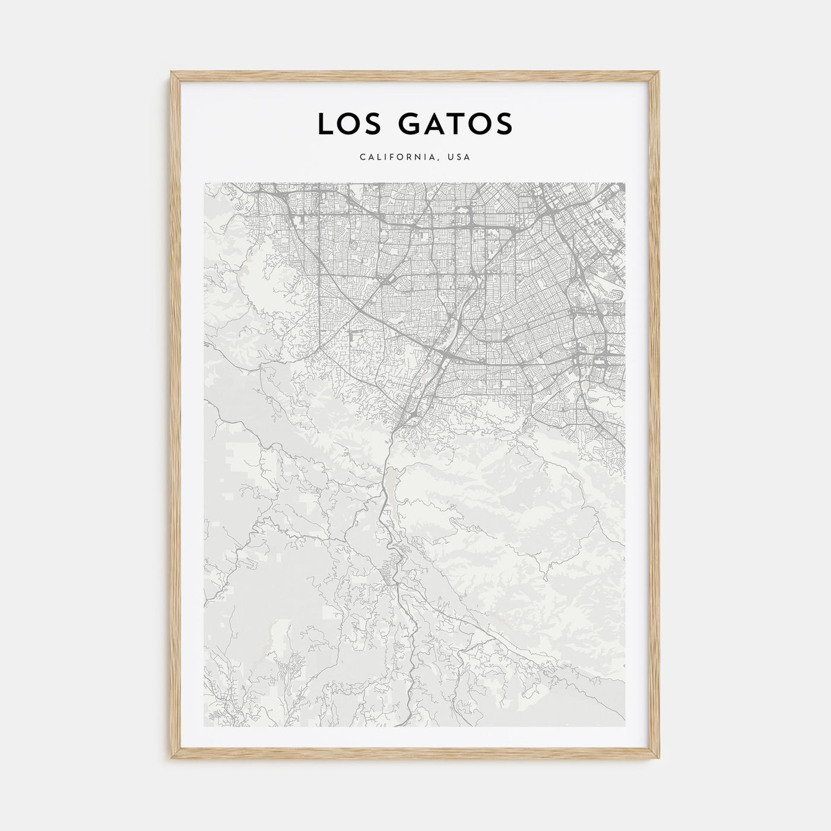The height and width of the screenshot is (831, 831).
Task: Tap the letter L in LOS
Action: point(325,123)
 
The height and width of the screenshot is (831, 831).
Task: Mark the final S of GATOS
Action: point(503,123)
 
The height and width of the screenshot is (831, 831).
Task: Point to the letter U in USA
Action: point(451,157)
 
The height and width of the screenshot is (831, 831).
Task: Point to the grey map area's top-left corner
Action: point(204,183)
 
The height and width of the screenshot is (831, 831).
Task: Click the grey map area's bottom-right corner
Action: point(626,726)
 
